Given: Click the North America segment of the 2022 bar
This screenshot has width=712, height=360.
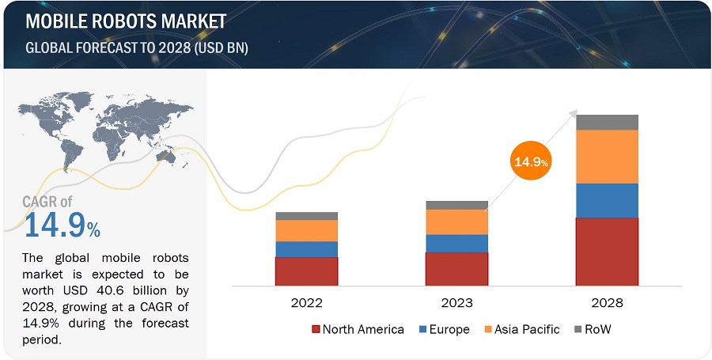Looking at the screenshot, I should click(x=306, y=271).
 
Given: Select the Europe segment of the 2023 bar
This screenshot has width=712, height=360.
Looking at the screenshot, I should click(x=456, y=244).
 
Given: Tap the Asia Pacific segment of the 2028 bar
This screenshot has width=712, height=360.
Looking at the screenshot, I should click(x=607, y=157).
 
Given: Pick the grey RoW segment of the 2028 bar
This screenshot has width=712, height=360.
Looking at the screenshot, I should click(x=607, y=122).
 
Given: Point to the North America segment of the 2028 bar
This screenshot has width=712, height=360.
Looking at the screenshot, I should click(x=607, y=251).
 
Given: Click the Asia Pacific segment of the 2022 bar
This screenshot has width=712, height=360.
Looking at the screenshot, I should click(x=306, y=230).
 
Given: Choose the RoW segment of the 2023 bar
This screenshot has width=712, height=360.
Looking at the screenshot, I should click(x=456, y=205).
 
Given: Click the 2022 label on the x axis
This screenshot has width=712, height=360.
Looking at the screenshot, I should click(x=306, y=303).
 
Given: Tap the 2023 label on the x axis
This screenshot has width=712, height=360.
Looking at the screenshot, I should click(x=456, y=303).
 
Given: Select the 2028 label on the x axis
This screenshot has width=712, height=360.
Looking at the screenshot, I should click(x=607, y=303).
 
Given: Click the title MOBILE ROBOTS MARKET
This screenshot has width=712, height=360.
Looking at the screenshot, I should click(x=126, y=21).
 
